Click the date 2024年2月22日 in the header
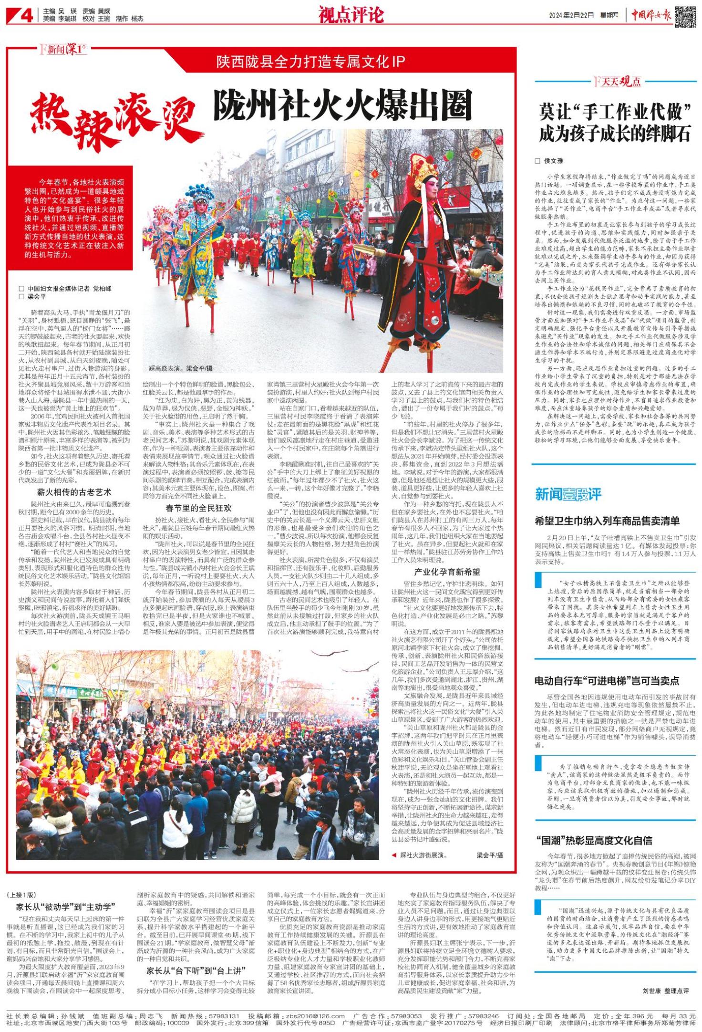click(x=571, y=15)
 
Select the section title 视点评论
click(x=351, y=15)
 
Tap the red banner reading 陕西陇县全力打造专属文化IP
click(x=310, y=61)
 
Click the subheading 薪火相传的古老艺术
click(x=74, y=492)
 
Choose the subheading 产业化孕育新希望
click(x=447, y=572)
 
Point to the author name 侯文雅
click(x=553, y=161)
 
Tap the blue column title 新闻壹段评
click(x=568, y=494)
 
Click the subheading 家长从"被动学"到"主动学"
click(x=63, y=907)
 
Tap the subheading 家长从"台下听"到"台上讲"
click(x=196, y=967)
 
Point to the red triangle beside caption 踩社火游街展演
click(x=394, y=855)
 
